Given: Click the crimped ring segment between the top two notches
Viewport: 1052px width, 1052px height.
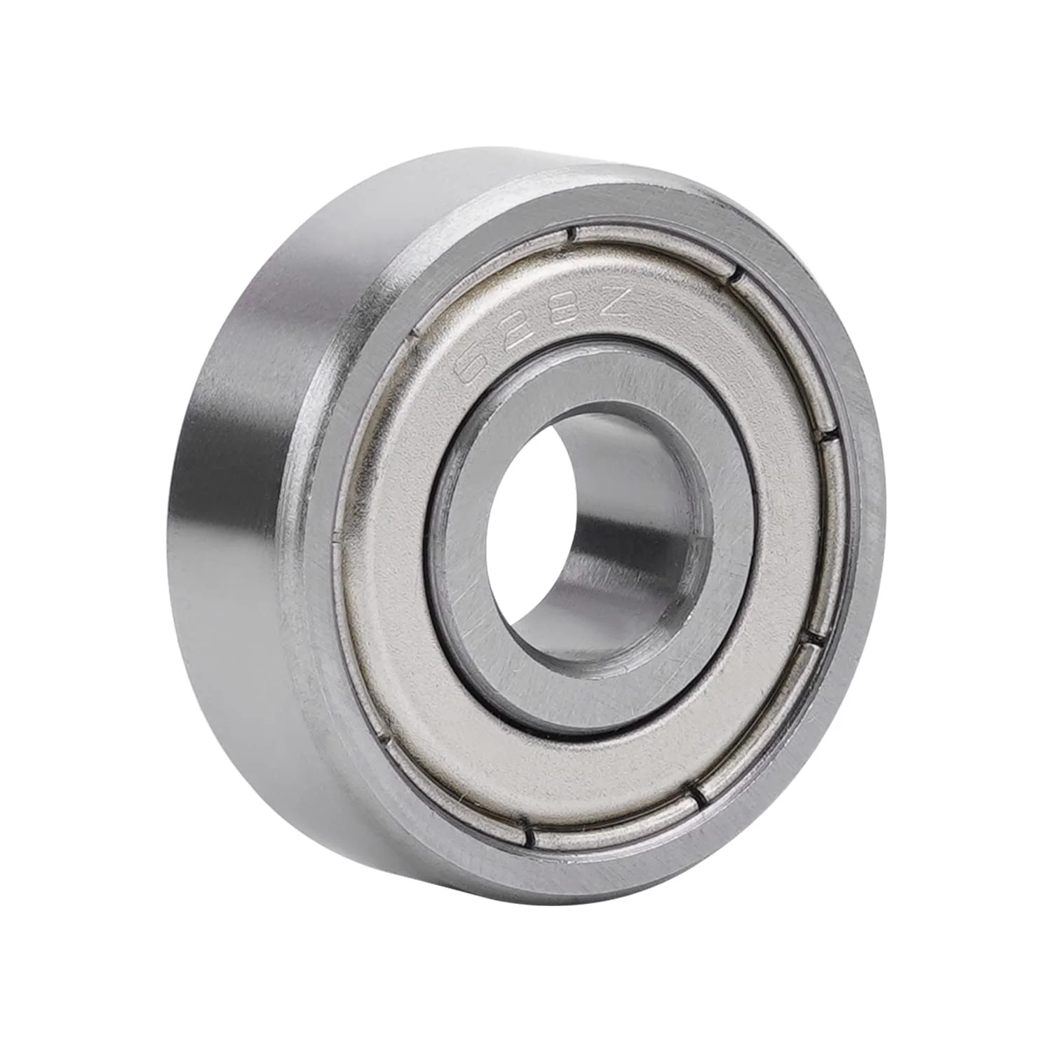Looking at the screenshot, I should point(652,245).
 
